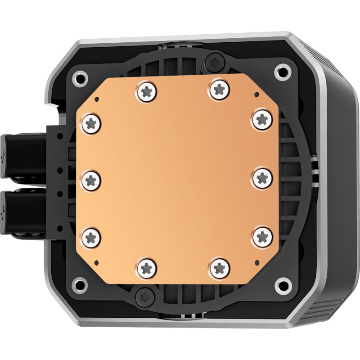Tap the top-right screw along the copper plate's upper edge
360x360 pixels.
[219, 89]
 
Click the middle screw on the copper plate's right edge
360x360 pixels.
[261, 178]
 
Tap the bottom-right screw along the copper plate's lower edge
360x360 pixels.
[219, 267]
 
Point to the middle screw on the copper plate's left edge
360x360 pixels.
[91, 180]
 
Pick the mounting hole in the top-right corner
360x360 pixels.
[282, 70]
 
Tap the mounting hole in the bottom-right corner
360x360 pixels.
[283, 284]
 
